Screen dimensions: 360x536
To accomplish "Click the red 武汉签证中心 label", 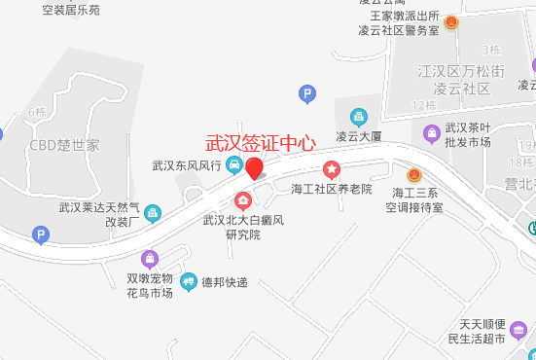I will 261,142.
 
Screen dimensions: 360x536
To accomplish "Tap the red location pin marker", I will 255,168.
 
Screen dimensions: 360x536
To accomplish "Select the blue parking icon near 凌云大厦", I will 307,94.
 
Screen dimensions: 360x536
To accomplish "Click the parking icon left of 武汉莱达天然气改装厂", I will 41,234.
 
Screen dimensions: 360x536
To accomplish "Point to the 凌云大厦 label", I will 362,136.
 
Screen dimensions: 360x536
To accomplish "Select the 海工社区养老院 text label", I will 332,188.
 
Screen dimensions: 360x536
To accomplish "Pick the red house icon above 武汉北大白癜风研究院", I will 243,201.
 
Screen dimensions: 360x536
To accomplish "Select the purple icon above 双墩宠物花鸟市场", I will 149,259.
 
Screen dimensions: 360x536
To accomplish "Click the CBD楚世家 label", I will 64,146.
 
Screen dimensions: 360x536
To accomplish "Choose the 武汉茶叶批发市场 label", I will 468,134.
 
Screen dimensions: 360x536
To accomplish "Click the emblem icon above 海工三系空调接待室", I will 413,174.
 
